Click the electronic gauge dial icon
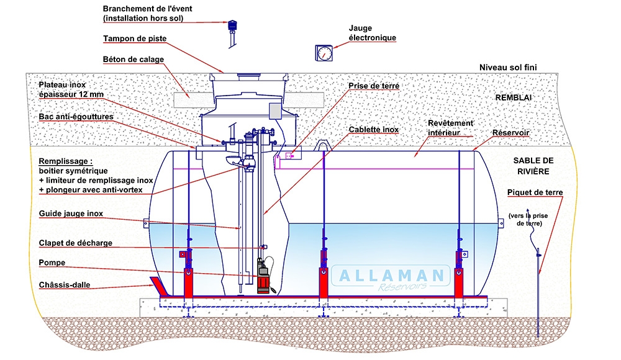point(323,53)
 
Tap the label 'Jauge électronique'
point(373,33)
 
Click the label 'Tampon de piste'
point(135,39)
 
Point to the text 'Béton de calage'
point(133,60)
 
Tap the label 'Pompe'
point(52,263)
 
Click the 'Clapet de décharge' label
point(75,243)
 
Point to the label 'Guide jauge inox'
point(70,214)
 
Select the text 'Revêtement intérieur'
point(450,127)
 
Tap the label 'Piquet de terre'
point(535,192)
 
